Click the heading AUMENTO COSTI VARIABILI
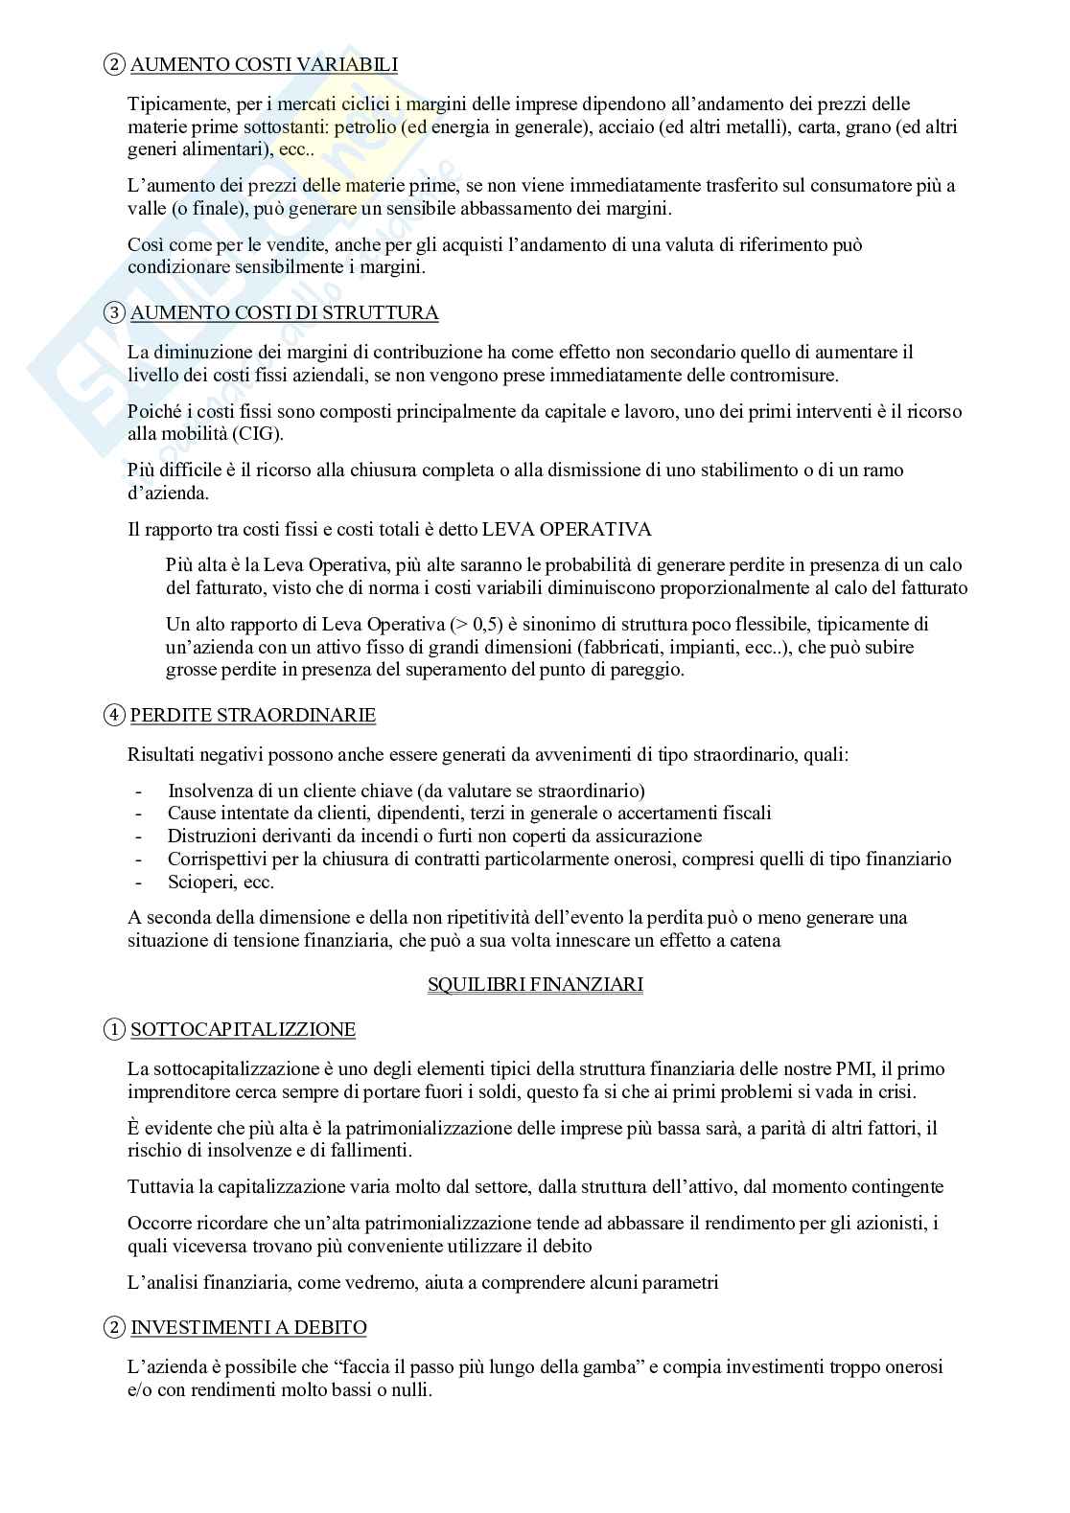[x=264, y=65]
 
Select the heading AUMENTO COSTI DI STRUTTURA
[x=285, y=313]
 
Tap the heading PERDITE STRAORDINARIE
[x=253, y=716]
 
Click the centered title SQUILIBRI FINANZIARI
[x=535, y=984]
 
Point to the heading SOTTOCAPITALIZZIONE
[x=243, y=1030]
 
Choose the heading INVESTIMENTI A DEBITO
[x=248, y=1328]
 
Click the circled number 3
[x=114, y=313]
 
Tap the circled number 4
[x=114, y=716]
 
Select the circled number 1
[x=114, y=1030]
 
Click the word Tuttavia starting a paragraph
[x=159, y=1187]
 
